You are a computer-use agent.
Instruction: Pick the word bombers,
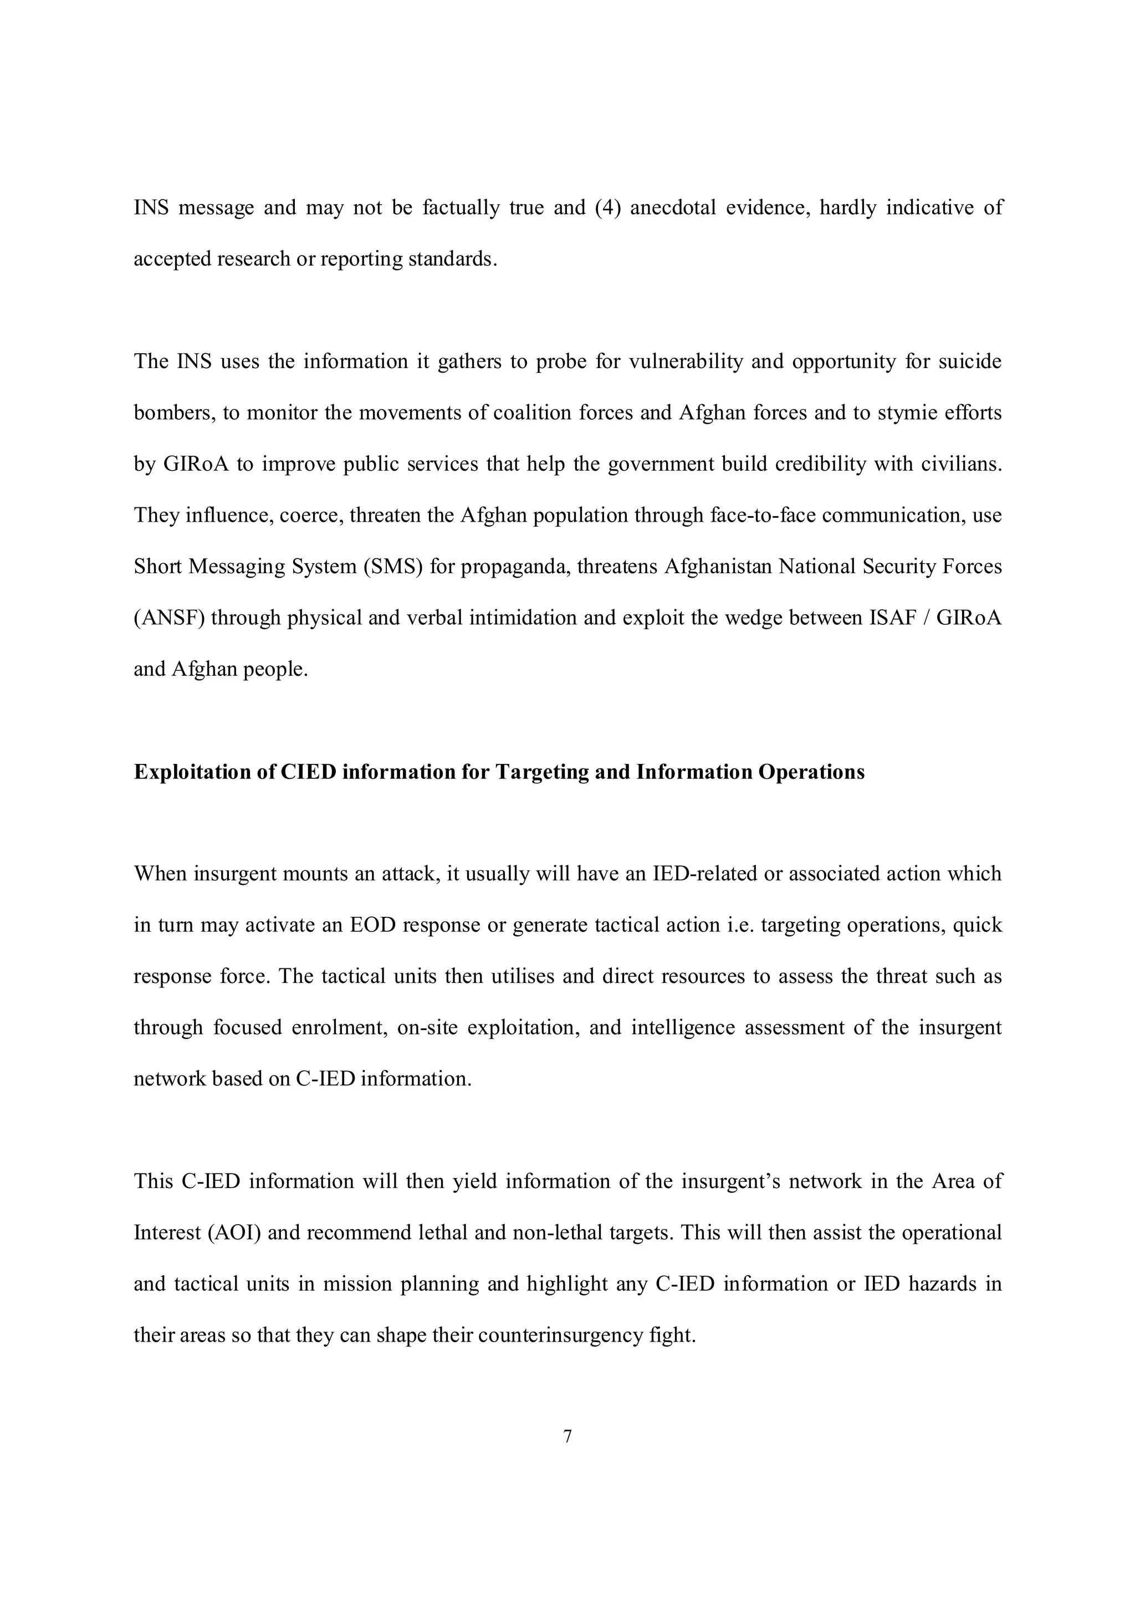pyautogui.click(x=173, y=412)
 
